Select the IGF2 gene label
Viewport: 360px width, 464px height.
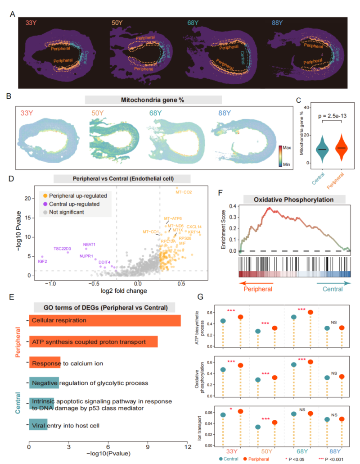tap(43, 261)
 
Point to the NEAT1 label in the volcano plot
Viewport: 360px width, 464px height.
tap(89, 244)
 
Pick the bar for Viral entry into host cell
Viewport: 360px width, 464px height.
tap(38, 425)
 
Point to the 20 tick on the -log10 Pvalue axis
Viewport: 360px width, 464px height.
tap(30, 198)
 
